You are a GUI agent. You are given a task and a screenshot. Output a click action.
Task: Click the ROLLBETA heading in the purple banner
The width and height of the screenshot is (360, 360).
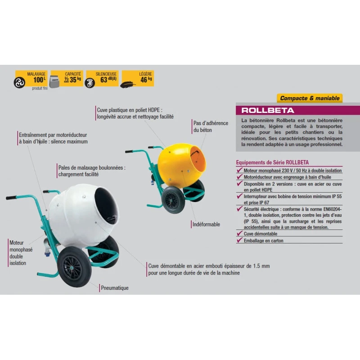pyautogui.click(x=268, y=110)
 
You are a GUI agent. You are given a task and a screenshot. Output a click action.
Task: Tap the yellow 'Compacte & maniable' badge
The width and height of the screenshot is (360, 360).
pyautogui.click(x=310, y=98)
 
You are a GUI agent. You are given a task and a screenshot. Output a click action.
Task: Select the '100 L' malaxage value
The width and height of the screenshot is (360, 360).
pyautogui.click(x=39, y=80)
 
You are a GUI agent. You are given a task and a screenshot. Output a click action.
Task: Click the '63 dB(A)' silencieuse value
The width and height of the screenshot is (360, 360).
pyautogui.click(x=108, y=80)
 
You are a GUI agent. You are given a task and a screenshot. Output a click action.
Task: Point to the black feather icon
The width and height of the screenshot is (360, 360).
pyautogui.click(x=128, y=85)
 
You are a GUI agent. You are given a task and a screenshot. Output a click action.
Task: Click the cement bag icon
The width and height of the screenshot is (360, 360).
pyautogui.click(x=54, y=81)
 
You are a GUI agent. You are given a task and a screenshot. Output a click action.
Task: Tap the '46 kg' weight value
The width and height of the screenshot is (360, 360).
pyautogui.click(x=146, y=80)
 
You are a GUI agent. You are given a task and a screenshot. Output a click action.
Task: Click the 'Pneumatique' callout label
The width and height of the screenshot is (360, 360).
pyautogui.click(x=115, y=288)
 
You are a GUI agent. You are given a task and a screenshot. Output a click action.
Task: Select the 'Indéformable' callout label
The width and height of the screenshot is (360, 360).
pyautogui.click(x=206, y=224)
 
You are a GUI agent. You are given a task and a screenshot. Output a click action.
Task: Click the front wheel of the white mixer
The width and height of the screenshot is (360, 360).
pyautogui.click(x=74, y=267)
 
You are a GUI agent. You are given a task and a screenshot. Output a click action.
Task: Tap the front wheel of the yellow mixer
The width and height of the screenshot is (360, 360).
pyautogui.click(x=173, y=200)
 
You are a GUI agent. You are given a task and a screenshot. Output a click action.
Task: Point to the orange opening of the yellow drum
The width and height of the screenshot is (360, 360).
pyautogui.click(x=198, y=159)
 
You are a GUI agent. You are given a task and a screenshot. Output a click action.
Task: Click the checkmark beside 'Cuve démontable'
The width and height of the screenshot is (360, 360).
pyautogui.click(x=239, y=233)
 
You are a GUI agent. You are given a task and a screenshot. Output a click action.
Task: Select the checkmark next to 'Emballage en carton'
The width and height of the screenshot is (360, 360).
pyautogui.click(x=239, y=240)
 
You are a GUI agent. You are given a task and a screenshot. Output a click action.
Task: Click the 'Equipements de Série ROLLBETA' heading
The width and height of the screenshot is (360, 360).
pyautogui.click(x=272, y=162)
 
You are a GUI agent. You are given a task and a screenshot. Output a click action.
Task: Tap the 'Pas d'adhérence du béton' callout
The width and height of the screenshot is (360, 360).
pyautogui.click(x=211, y=126)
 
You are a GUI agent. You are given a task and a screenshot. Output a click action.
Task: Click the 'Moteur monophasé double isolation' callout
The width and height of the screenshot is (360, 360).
pyautogui.click(x=21, y=253)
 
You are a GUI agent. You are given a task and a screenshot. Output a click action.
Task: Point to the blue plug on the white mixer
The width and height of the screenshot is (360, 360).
pyautogui.click(x=48, y=254)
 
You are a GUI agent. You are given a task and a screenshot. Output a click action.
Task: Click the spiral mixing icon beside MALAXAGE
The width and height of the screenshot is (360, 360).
pyautogui.click(x=19, y=83)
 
